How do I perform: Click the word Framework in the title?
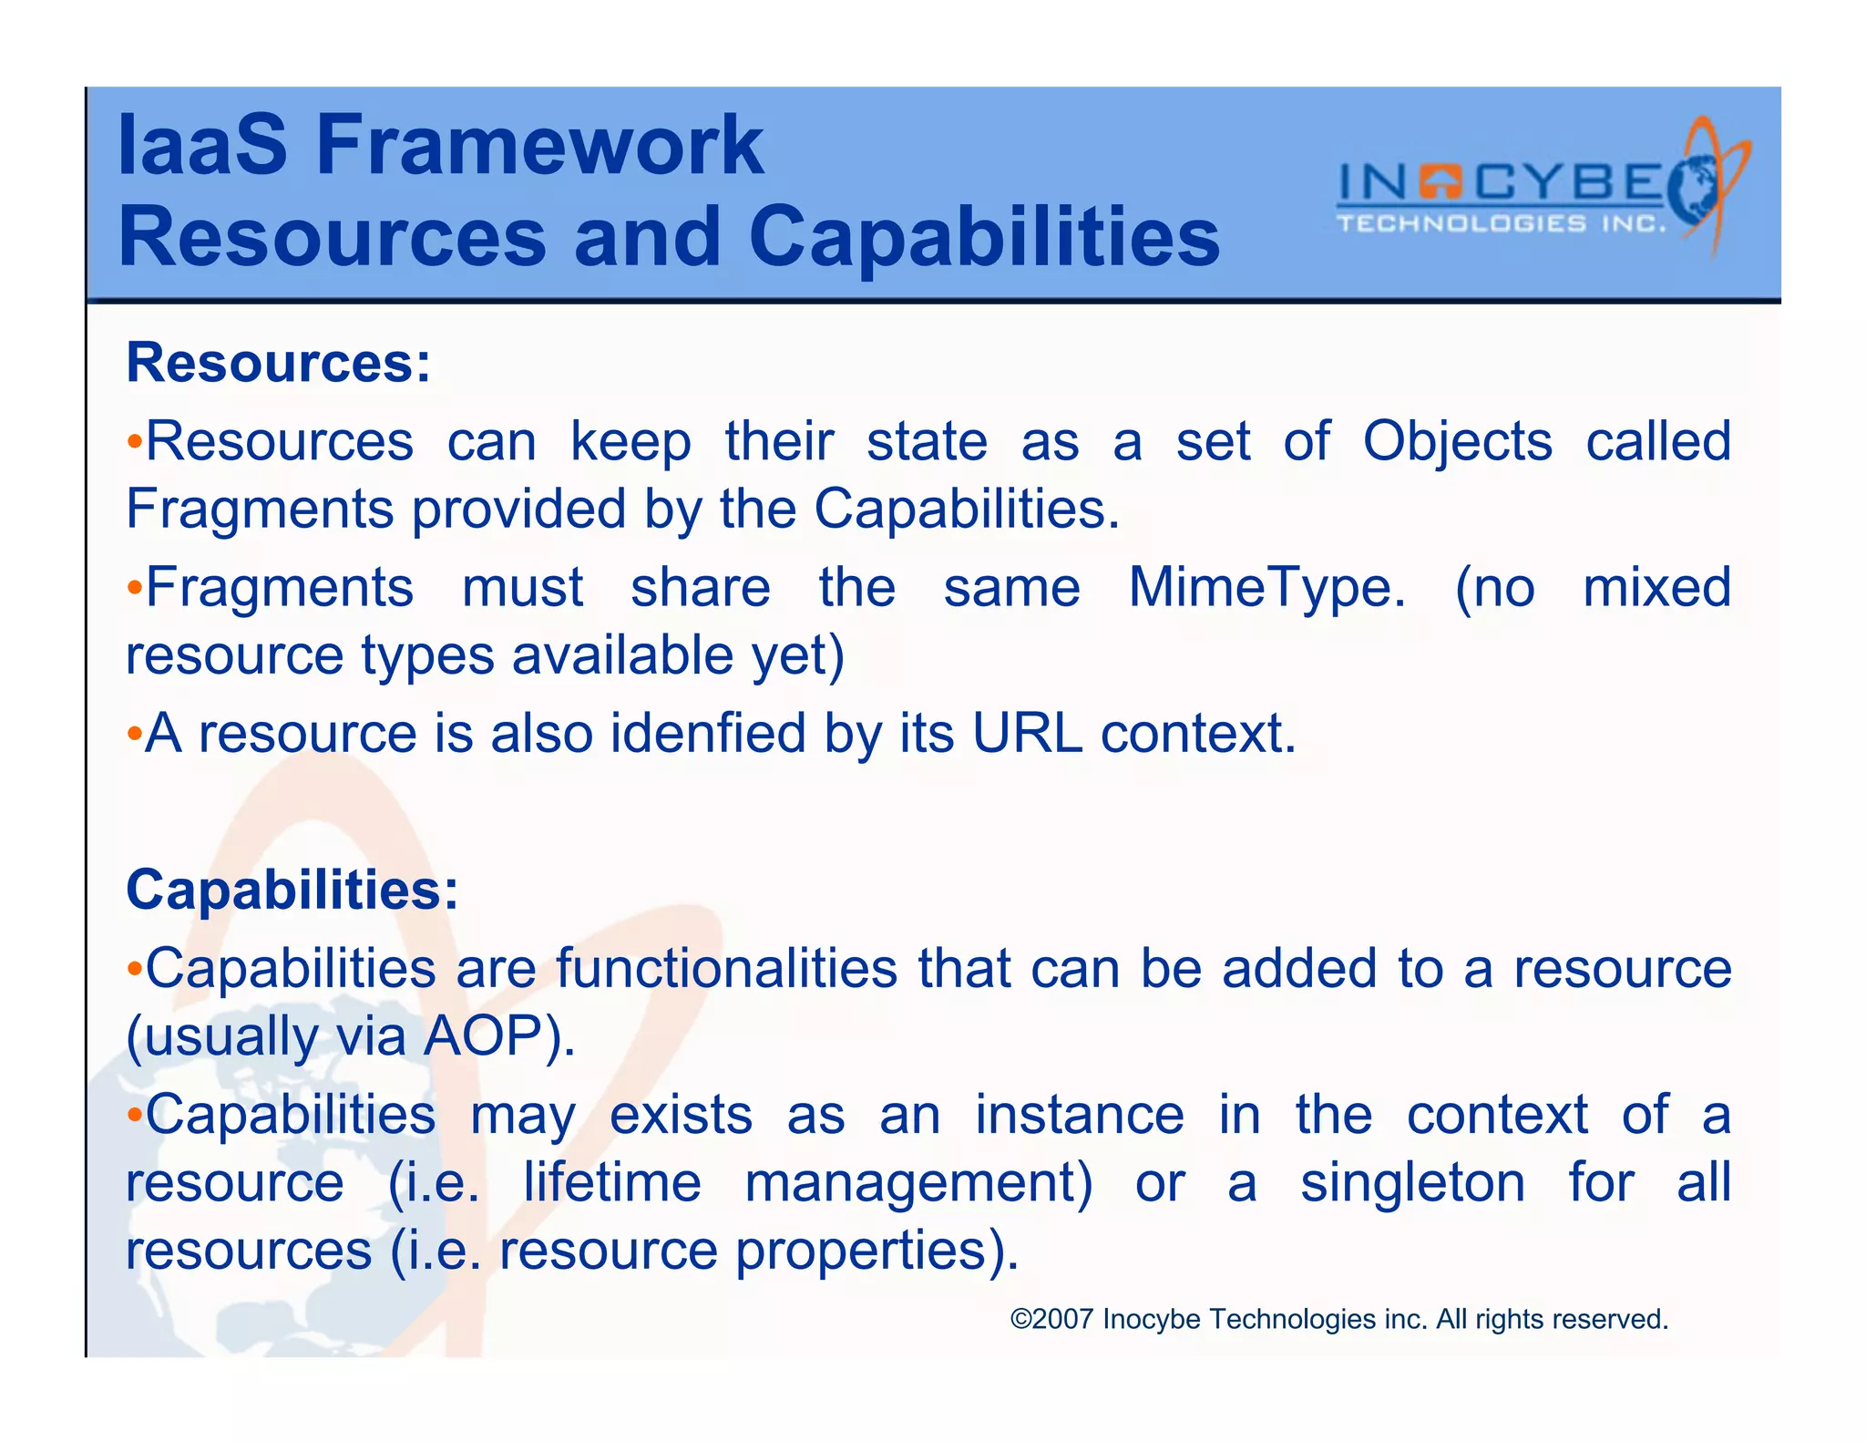[539, 146]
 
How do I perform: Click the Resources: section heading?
[278, 363]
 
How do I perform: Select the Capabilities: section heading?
[292, 890]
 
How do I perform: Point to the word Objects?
[1457, 443]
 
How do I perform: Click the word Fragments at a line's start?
[260, 509]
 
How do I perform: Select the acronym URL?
[1027, 733]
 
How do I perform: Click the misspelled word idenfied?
[708, 733]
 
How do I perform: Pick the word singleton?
[1412, 1183]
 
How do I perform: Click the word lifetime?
[612, 1183]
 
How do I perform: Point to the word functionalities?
[726, 969]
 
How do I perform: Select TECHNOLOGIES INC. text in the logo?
[1501, 224]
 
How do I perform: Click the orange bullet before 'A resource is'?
[134, 734]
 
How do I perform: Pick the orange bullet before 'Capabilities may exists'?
[134, 1115]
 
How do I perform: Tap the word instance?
[1080, 1116]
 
